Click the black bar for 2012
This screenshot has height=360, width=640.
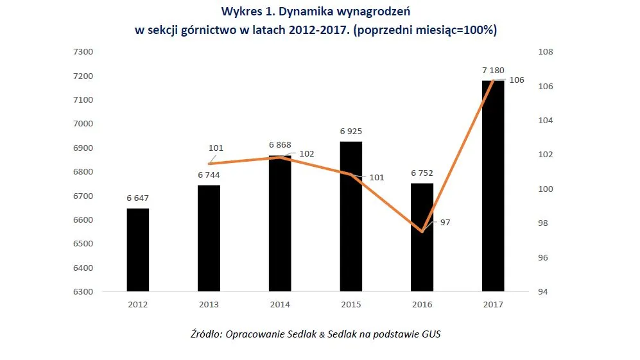[x=138, y=250]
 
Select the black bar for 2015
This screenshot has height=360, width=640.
[x=351, y=216]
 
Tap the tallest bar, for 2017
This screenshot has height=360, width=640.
[x=493, y=186]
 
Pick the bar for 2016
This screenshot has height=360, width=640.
[x=422, y=237]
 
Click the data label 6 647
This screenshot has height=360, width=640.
[x=138, y=198]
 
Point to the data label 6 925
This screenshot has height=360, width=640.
[x=351, y=131]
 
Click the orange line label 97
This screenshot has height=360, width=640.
[x=445, y=222]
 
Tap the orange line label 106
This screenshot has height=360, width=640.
[x=516, y=80]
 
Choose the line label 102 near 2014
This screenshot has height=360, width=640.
[x=307, y=154]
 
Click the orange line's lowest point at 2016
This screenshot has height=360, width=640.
[x=422, y=231]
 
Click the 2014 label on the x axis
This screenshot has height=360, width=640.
[x=280, y=305]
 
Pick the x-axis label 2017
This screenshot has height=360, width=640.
[x=493, y=305]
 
